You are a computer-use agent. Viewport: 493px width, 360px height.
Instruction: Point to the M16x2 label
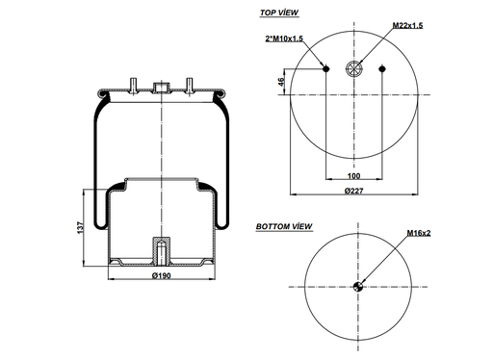[418, 233]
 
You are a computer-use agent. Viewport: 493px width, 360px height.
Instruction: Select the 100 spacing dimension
[355, 176]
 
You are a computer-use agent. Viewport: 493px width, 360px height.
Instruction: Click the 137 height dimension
[82, 226]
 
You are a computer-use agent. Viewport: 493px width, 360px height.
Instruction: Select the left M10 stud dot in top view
[327, 68]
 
